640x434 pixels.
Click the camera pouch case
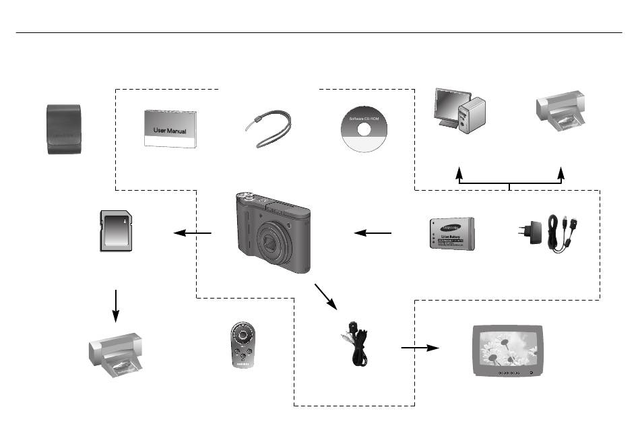[63, 129]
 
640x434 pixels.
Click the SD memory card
[117, 230]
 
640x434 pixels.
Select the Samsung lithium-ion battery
[451, 234]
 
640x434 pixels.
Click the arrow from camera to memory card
[192, 234]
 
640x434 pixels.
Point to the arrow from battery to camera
[373, 234]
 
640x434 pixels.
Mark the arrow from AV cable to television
[419, 348]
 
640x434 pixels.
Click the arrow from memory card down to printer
[116, 307]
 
